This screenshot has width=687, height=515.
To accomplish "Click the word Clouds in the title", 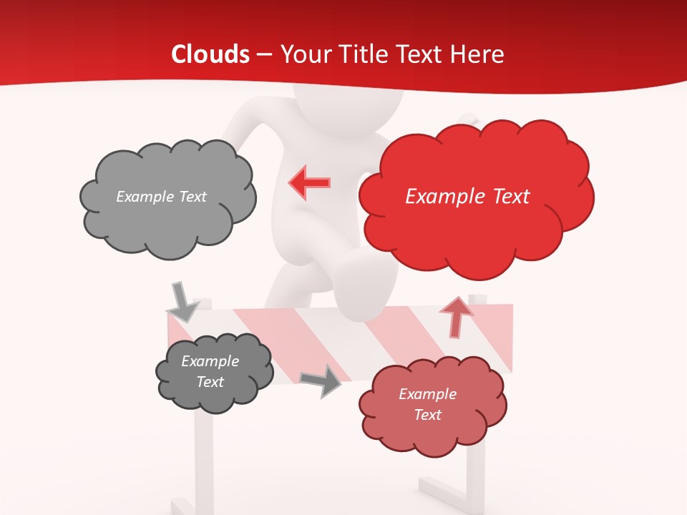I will click(210, 54).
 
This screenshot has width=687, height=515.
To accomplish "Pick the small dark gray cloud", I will click(213, 372).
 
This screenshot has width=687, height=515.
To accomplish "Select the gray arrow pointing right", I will click(321, 380).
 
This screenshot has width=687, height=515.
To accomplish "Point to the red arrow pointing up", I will click(457, 317).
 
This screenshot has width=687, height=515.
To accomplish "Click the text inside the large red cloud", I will click(467, 197).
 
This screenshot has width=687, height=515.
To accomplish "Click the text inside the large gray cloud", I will click(161, 197).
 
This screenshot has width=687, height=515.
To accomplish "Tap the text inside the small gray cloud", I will click(210, 371).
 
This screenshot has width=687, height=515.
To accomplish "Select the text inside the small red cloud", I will click(428, 404).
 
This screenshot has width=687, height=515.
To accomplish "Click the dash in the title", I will click(265, 55).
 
